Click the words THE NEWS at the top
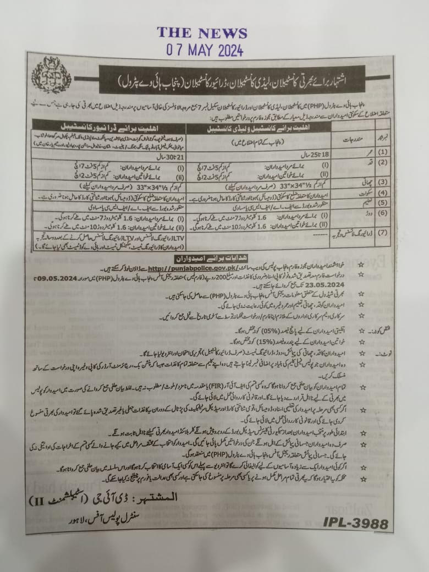pyautogui.click(x=202, y=32)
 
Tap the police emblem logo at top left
pyautogui.click(x=51, y=76)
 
